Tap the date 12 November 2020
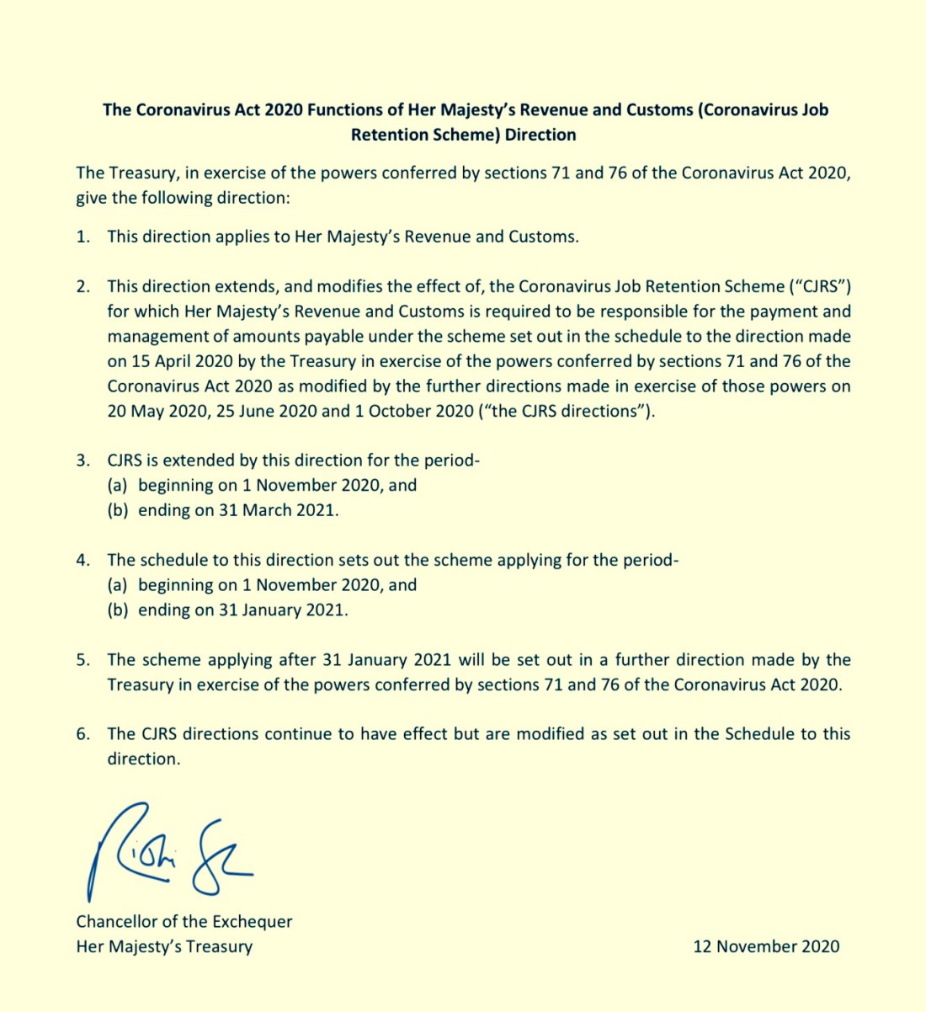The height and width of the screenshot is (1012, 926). pos(766,946)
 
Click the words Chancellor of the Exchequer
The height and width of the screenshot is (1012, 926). pos(184,921)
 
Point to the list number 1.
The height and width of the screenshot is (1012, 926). pos(82,237)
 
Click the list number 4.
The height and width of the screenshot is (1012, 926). pos(82,560)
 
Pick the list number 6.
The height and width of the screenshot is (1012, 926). pos(82,734)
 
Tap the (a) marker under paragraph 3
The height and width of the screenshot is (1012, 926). pos(118,485)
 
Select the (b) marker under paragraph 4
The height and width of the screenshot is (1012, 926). pos(118,610)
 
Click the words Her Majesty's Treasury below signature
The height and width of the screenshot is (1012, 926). pos(164,946)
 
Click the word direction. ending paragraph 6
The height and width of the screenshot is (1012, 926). pos(144,759)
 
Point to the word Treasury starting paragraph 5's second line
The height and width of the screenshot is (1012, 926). pos(140,684)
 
